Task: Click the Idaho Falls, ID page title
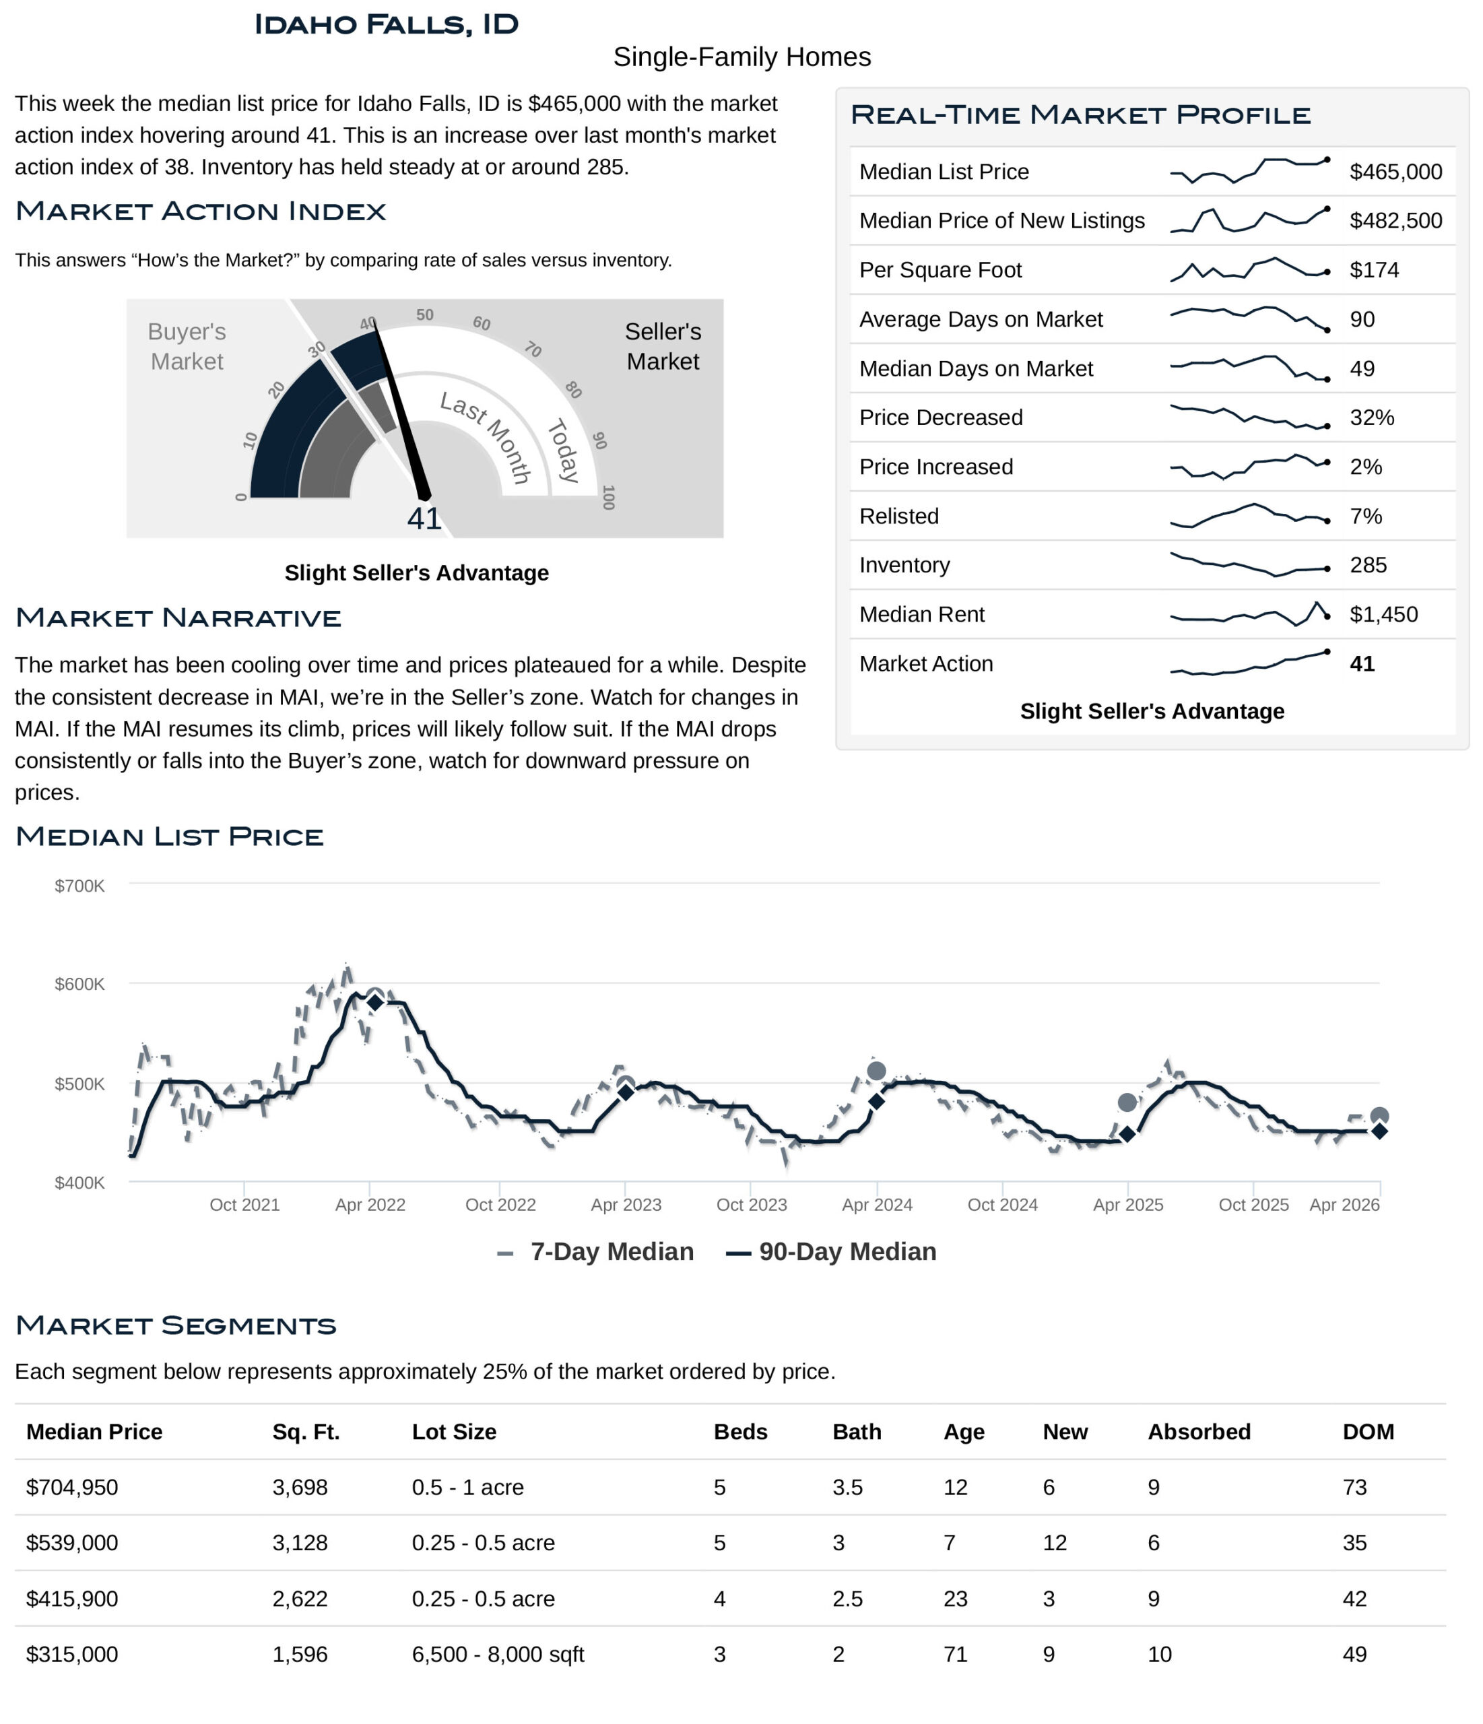coord(385,24)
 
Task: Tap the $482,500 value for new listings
coord(1395,220)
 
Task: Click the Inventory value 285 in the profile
coord(1367,565)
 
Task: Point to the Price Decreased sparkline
coord(1249,417)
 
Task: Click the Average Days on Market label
coord(981,319)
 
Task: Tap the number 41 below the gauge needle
coord(424,519)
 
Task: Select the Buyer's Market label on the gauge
coord(187,346)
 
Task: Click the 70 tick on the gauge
coord(533,350)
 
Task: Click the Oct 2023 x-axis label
coord(751,1205)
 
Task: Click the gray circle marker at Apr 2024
coord(876,1071)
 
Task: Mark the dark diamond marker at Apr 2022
coord(374,1003)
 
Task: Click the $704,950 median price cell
coord(73,1488)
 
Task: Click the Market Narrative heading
coord(178,618)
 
